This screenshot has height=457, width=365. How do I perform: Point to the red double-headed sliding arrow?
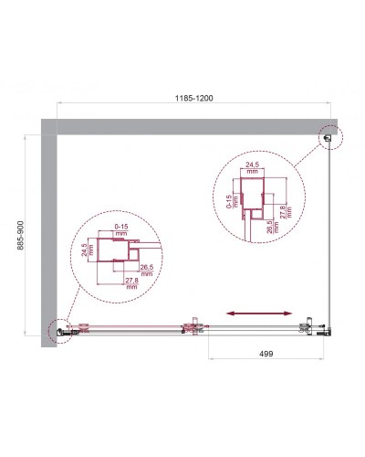click(x=259, y=314)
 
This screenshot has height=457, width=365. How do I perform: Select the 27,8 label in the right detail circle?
click(x=287, y=211)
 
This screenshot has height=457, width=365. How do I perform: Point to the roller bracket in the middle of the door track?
click(x=192, y=325)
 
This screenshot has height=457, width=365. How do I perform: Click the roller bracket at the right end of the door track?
click(x=308, y=325)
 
